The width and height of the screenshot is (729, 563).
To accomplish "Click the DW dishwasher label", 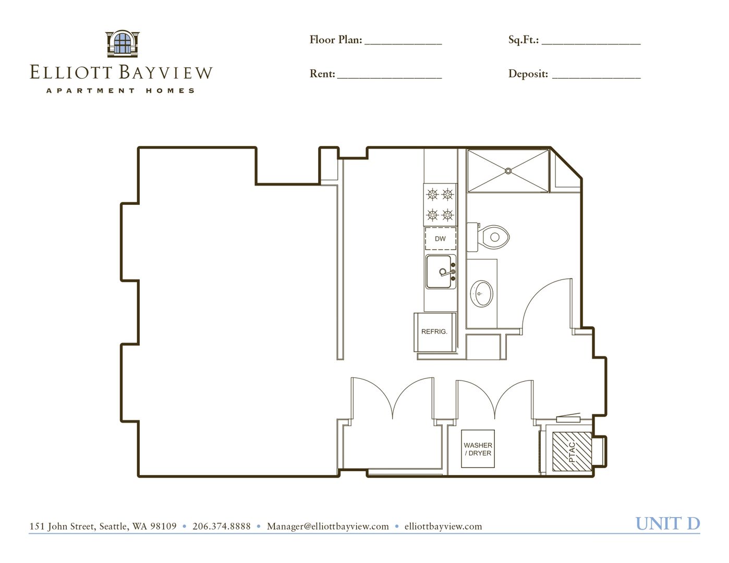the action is pyautogui.click(x=440, y=239).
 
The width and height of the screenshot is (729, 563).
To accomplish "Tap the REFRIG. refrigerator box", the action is pyautogui.click(x=435, y=332).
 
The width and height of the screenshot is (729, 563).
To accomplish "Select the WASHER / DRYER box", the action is pyautogui.click(x=478, y=449).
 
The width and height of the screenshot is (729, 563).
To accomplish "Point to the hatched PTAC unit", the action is pyautogui.click(x=572, y=451).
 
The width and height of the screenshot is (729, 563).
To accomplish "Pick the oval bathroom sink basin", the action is pyautogui.click(x=481, y=293).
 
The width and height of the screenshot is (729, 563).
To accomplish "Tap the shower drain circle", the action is pyautogui.click(x=508, y=171).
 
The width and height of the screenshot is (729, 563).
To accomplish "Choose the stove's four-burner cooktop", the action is pyautogui.click(x=440, y=204).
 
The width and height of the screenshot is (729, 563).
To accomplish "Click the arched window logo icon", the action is pyautogui.click(x=123, y=44).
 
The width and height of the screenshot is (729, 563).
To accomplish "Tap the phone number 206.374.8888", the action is pyautogui.click(x=222, y=526).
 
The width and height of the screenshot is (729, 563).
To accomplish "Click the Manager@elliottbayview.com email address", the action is pyautogui.click(x=328, y=527).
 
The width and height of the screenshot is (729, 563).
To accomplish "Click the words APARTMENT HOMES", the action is pyautogui.click(x=120, y=91).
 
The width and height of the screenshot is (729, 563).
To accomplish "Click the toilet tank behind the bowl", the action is pyautogui.click(x=472, y=237).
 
